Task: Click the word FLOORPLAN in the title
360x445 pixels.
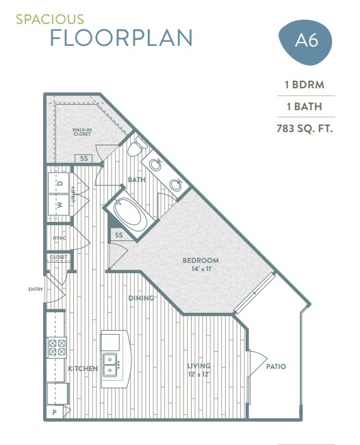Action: point(120,38)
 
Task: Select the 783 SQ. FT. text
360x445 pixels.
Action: point(305,128)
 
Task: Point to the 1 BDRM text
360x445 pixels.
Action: point(305,86)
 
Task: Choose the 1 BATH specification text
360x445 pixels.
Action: point(305,107)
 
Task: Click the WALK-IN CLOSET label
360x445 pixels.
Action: point(82,131)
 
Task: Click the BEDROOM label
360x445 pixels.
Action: point(201,260)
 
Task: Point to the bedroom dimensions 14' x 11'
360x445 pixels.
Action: point(201,269)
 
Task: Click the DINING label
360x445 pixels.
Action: point(142,298)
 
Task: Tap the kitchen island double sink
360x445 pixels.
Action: point(110,359)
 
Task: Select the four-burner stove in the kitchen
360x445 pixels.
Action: point(55,347)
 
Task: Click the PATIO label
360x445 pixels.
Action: point(276,367)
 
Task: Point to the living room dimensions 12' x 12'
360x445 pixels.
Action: point(199,374)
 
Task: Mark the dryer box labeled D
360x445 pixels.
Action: point(60,183)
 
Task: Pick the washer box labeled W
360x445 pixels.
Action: point(60,205)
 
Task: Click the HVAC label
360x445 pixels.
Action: point(59,238)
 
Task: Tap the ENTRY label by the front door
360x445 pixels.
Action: point(36,289)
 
